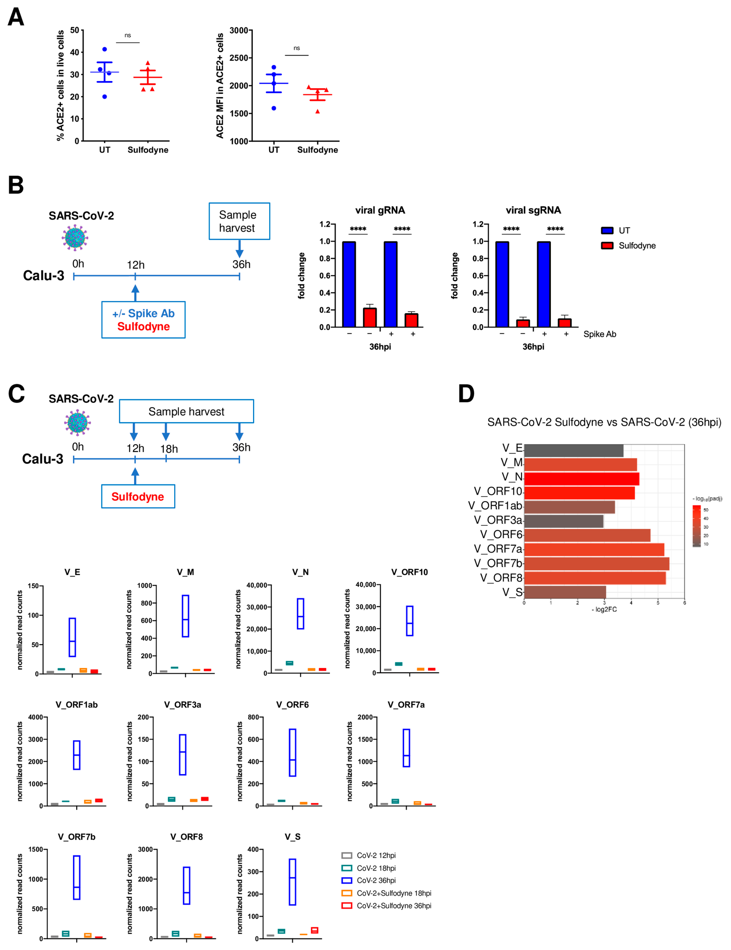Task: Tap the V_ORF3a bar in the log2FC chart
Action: click(563, 521)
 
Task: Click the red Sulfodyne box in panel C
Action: click(138, 496)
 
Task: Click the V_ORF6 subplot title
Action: click(292, 704)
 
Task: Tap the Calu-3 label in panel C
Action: click(43, 459)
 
